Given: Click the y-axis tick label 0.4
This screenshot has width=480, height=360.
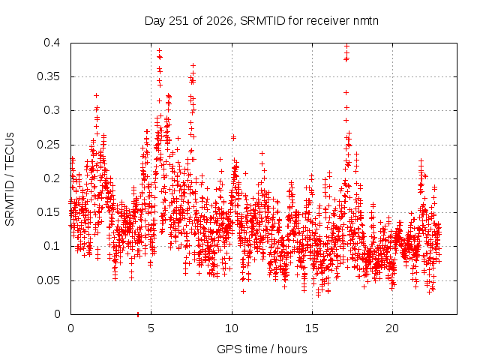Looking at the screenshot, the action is pyautogui.click(x=52, y=43).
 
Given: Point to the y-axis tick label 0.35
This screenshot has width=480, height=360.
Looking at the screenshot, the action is pyautogui.click(x=49, y=76).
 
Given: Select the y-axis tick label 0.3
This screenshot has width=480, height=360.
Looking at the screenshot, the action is pyautogui.click(x=52, y=110).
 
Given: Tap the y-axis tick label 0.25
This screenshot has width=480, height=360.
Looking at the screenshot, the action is pyautogui.click(x=49, y=145).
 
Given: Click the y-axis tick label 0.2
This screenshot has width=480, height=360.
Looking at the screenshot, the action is pyautogui.click(x=52, y=178).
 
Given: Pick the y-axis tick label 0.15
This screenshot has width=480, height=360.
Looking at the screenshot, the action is pyautogui.click(x=49, y=212).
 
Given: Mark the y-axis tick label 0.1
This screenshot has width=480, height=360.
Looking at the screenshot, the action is pyautogui.click(x=52, y=246).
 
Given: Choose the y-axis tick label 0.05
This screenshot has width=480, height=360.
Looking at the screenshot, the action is pyautogui.click(x=49, y=280).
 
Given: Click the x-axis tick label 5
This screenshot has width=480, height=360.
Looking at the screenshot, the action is pyautogui.click(x=151, y=328).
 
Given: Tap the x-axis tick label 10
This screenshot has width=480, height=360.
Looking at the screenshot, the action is pyautogui.click(x=232, y=328).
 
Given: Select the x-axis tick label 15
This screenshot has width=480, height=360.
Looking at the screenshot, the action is pyautogui.click(x=312, y=328).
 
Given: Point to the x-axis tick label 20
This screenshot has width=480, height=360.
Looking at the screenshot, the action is pyautogui.click(x=392, y=328).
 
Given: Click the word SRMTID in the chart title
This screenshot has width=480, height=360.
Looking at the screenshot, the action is pyautogui.click(x=263, y=21).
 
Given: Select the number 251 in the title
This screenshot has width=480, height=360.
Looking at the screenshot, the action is pyautogui.click(x=179, y=21).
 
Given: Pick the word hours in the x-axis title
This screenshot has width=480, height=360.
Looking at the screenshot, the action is pyautogui.click(x=292, y=349).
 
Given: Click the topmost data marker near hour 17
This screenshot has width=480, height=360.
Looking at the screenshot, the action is pyautogui.click(x=346, y=46).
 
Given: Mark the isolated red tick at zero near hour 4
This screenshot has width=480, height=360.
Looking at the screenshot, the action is pyautogui.click(x=138, y=314).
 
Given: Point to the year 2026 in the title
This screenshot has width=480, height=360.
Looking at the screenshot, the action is pyautogui.click(x=219, y=21).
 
